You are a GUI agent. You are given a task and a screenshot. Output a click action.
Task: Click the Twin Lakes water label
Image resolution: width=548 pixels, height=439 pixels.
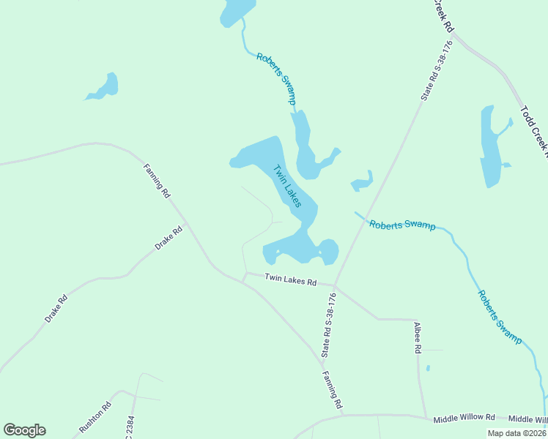click(x=287, y=186)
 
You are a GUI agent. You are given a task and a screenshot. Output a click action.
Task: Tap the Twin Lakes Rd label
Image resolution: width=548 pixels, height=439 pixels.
click(x=290, y=279)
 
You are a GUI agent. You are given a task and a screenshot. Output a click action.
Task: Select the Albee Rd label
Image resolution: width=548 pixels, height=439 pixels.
click(x=418, y=337)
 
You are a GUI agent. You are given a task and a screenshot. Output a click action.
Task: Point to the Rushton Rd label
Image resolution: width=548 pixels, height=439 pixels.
click(x=95, y=417)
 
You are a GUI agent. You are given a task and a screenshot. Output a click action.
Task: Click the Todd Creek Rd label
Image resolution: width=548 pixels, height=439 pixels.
click(x=533, y=132)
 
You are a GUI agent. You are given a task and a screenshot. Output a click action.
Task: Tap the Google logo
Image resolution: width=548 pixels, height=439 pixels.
click(x=24, y=430)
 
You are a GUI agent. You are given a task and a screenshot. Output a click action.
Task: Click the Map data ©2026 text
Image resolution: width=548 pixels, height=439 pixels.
click(x=516, y=433)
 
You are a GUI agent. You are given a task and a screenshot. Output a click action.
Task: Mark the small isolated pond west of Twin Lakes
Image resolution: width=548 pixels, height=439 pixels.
click(x=103, y=87)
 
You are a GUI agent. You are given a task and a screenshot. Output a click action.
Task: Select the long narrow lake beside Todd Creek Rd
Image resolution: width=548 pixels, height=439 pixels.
click(x=490, y=146)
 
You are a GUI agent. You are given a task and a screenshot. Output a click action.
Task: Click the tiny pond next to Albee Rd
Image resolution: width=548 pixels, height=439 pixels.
click(x=428, y=368)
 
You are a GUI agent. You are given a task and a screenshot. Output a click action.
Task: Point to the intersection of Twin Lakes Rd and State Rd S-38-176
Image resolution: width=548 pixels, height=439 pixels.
click(x=335, y=285)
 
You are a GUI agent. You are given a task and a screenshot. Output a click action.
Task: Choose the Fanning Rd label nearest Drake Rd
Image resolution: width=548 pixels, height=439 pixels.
click(x=156, y=182)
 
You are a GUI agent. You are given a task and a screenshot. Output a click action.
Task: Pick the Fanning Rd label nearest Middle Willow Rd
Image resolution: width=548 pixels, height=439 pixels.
click(x=332, y=389)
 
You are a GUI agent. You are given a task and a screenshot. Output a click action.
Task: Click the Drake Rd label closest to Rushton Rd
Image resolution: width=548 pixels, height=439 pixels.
click(x=56, y=308)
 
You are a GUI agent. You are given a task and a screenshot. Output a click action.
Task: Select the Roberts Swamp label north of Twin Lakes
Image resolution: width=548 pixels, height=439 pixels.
click(x=276, y=78)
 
